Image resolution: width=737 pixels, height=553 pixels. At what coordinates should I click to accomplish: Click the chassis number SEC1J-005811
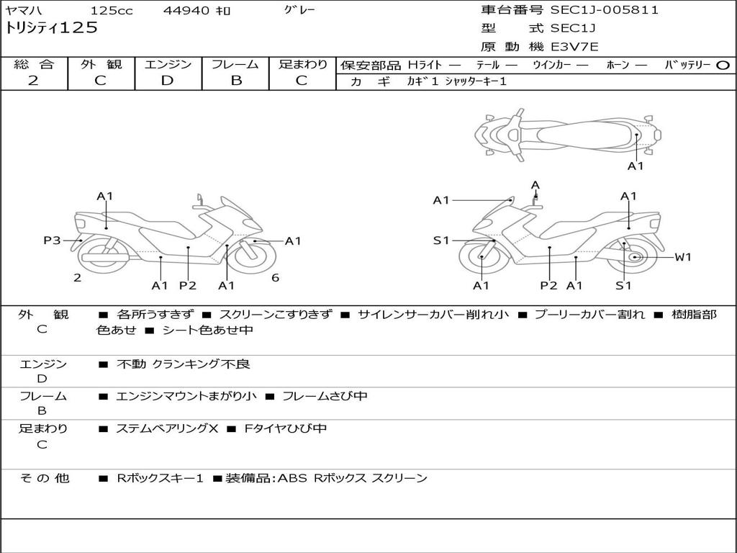click(605, 10)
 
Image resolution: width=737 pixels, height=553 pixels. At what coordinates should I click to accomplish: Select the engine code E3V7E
click(574, 47)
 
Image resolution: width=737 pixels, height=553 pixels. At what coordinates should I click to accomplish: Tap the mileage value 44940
click(186, 11)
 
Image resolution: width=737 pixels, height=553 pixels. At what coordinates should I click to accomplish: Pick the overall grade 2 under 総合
click(33, 81)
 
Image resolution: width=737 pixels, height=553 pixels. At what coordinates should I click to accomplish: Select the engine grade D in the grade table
click(167, 81)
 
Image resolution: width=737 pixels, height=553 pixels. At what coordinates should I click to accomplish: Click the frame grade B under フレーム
click(236, 81)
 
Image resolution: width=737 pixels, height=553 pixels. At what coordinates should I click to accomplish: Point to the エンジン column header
click(168, 64)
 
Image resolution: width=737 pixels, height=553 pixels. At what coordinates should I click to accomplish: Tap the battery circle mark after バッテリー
click(723, 65)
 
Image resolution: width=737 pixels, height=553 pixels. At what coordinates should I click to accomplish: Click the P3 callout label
click(52, 240)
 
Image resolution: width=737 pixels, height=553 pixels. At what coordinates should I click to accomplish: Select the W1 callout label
click(682, 257)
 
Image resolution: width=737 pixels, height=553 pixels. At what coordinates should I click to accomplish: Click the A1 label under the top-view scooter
click(636, 166)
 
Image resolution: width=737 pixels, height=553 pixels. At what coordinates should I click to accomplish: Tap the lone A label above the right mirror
click(535, 186)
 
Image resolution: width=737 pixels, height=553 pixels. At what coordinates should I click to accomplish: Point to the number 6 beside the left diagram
click(276, 278)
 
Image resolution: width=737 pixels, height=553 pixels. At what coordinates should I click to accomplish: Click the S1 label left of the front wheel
click(441, 240)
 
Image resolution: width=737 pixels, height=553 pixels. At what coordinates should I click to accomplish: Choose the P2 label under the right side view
click(548, 286)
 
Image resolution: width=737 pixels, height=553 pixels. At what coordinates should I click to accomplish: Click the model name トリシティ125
click(51, 28)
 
